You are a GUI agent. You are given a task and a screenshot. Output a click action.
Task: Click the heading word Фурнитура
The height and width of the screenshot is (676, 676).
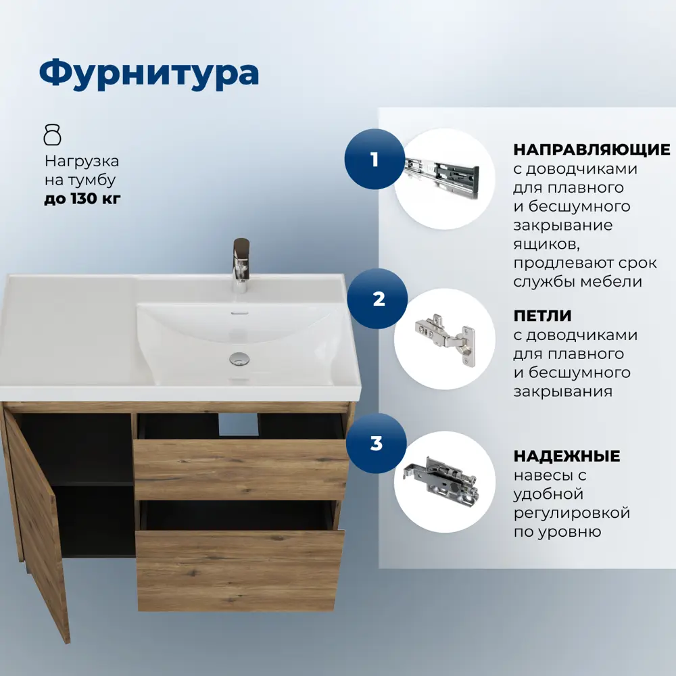[149, 73]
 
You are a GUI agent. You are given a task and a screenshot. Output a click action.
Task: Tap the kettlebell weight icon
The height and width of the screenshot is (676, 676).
[52, 135]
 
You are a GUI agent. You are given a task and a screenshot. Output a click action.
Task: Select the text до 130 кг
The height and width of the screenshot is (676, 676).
[82, 199]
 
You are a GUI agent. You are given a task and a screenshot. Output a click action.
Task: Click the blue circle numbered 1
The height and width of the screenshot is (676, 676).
[375, 160]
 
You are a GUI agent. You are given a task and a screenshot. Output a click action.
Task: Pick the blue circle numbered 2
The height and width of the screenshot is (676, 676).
[378, 299]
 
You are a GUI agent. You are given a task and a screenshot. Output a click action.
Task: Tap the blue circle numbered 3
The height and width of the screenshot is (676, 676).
[377, 444]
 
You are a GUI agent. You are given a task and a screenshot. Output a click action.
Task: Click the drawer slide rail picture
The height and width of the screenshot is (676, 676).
[443, 170]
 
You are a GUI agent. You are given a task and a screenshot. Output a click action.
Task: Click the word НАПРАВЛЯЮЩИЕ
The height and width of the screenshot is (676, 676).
[591, 149]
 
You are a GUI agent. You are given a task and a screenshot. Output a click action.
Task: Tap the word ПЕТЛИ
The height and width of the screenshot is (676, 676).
[542, 316]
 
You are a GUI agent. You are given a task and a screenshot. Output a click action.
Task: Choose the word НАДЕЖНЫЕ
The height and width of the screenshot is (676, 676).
[566, 456]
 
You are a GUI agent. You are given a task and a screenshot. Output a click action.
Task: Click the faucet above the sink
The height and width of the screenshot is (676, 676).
[241, 264]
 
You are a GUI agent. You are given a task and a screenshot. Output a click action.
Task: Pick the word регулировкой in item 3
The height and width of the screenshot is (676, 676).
[572, 513]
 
